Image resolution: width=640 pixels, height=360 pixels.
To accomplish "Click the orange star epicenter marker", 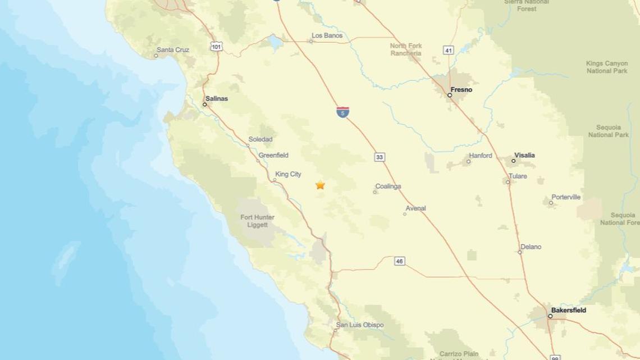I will (x=320, y=185).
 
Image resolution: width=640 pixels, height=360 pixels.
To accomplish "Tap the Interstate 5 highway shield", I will (x=342, y=112).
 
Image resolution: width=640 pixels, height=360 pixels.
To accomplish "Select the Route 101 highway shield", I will (x=216, y=47).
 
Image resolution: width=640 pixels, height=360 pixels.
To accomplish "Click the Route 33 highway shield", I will (x=380, y=157).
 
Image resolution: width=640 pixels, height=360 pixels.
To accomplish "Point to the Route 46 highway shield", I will (x=399, y=261).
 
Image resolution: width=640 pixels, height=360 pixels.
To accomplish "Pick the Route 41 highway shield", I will (x=448, y=51).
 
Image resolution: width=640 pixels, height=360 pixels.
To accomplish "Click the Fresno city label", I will (x=461, y=90).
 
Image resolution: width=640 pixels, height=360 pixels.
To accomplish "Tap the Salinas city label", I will (x=217, y=98).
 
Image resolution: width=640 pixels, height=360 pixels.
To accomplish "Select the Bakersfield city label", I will (x=568, y=310).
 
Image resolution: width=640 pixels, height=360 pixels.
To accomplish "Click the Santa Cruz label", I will (x=173, y=50).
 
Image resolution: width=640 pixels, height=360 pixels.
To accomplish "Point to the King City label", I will (x=288, y=174).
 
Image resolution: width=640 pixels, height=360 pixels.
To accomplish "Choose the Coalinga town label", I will (x=388, y=186).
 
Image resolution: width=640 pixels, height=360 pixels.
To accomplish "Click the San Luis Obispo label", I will (x=360, y=325).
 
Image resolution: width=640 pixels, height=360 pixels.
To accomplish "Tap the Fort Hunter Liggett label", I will (x=257, y=221).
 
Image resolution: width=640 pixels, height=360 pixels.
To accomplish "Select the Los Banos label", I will (x=327, y=35).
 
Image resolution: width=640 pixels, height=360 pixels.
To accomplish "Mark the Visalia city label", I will (x=524, y=155).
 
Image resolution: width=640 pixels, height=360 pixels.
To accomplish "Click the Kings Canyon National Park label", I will (x=607, y=67).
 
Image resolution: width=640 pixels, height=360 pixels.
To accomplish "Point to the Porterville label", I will (x=566, y=197).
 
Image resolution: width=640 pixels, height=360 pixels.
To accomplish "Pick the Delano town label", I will (x=531, y=247).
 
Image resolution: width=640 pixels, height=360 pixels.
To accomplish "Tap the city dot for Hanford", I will (x=468, y=162).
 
